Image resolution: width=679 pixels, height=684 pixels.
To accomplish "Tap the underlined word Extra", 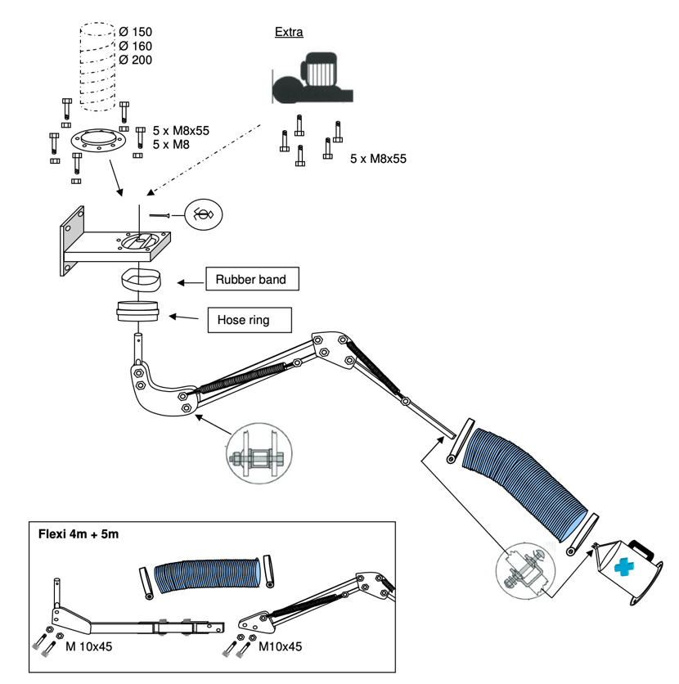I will pos(289,33).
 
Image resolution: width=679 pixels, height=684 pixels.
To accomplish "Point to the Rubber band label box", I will pos(250,280).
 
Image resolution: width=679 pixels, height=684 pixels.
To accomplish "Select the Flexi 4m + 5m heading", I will pos(78,536).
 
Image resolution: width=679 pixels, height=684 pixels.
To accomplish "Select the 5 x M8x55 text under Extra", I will pos(378,158).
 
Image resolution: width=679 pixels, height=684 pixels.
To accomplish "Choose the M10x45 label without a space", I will pos(281,646).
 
